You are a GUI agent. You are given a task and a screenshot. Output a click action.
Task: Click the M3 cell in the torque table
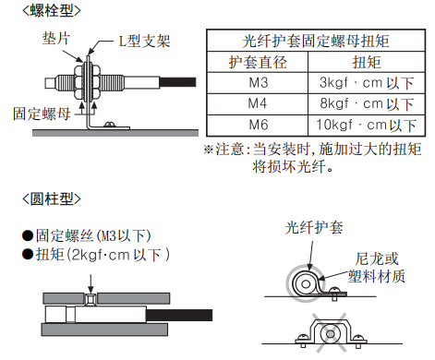(258, 83)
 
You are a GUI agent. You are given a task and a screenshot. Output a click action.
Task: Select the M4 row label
(258, 103)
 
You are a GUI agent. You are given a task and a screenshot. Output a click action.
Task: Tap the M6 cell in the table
(258, 125)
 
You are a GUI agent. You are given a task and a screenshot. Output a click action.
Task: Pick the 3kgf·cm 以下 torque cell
(367, 83)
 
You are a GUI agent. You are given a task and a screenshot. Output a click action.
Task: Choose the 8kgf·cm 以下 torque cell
(367, 104)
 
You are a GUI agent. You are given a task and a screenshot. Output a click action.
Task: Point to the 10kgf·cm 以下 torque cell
(367, 126)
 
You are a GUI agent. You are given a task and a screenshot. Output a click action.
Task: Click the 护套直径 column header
(258, 62)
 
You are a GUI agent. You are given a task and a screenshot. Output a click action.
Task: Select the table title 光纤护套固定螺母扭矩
(316, 41)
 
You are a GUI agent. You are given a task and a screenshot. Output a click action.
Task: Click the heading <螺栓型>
(52, 11)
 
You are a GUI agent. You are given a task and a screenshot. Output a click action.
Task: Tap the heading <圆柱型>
(52, 199)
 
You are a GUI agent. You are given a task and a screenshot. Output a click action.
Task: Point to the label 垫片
(56, 39)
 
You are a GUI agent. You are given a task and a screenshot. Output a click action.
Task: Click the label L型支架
(144, 41)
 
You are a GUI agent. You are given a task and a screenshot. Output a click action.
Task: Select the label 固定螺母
(42, 114)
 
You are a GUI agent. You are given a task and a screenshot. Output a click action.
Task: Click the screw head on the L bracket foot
(110, 125)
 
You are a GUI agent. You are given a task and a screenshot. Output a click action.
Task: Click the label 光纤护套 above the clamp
(314, 228)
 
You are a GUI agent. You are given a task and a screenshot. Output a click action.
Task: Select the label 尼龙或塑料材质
(377, 268)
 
